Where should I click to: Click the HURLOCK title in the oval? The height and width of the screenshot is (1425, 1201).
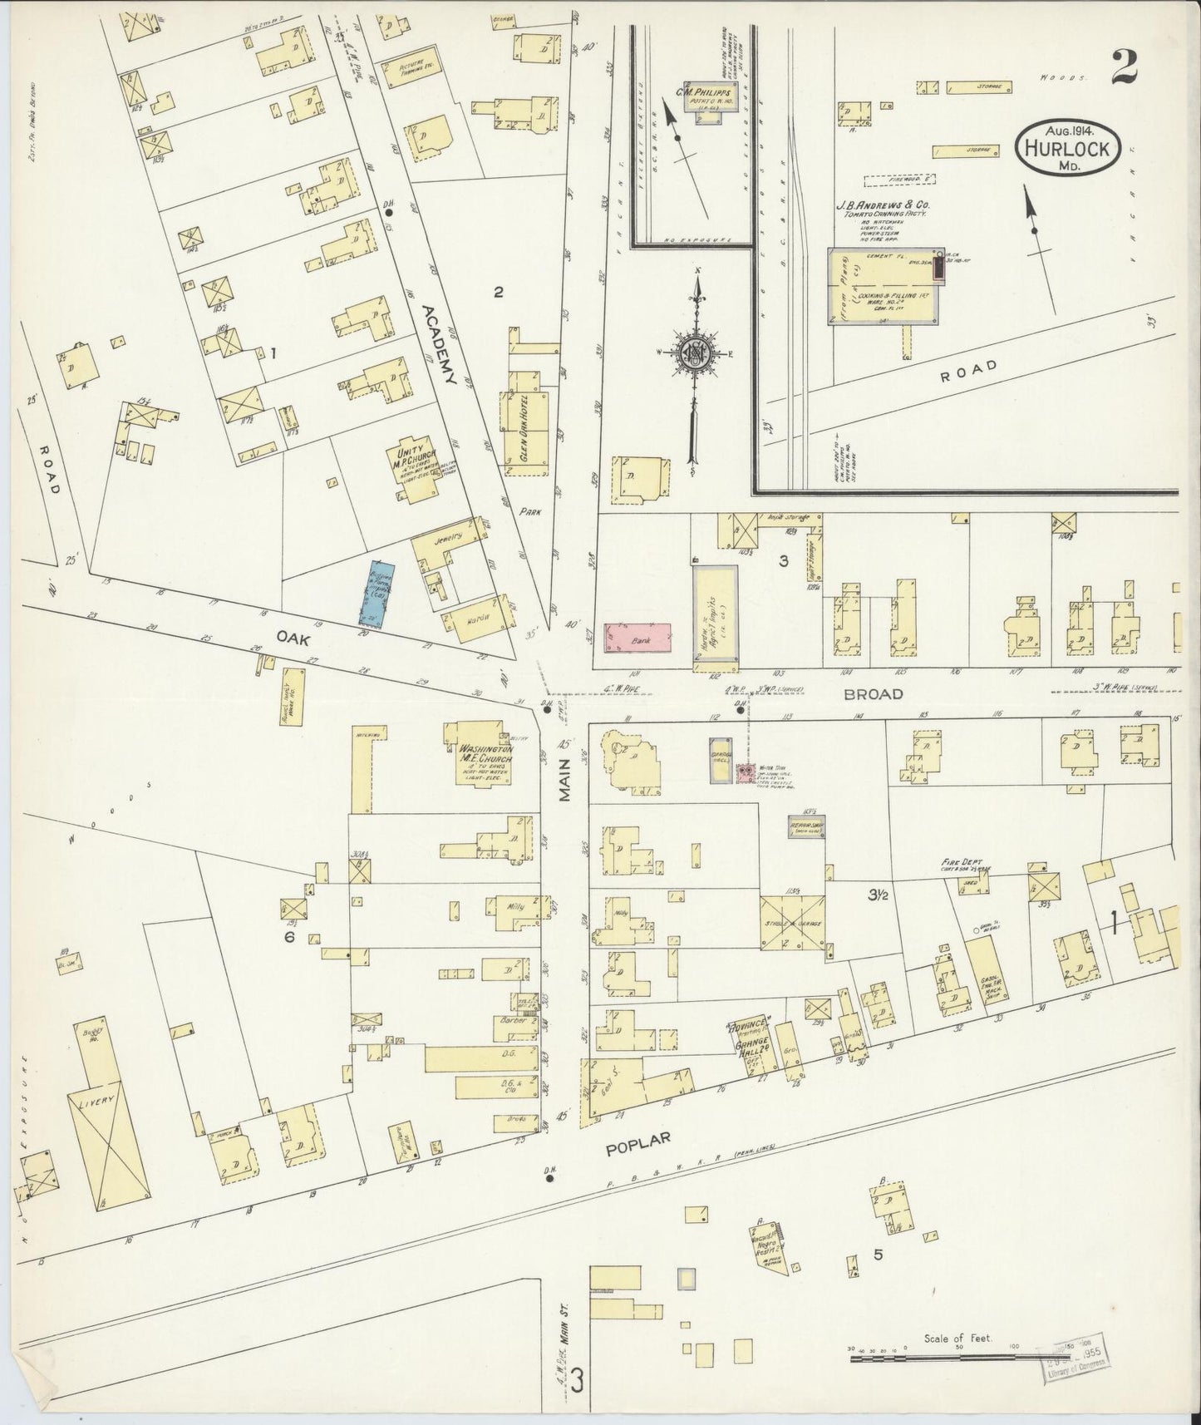coord(1069,150)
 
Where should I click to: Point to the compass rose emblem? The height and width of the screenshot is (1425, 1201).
coord(692,353)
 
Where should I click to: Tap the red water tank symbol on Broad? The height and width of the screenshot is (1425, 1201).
coord(746,773)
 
